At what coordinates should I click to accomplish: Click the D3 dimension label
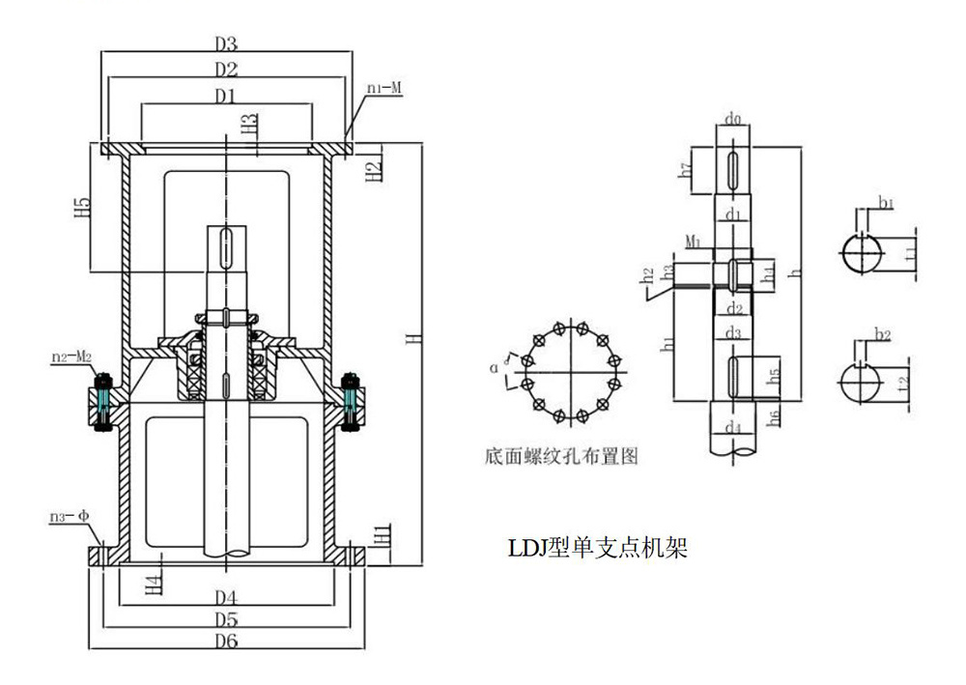coord(226,44)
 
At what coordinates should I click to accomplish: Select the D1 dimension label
coord(226,96)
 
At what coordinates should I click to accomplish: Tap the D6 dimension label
coord(226,642)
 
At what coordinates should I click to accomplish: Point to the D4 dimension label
coord(226,594)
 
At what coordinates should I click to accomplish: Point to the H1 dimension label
coord(383,533)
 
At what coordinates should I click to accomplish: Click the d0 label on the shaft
coord(733,121)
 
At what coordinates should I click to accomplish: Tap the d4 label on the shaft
coord(734,425)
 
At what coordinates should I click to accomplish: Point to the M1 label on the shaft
coord(693,239)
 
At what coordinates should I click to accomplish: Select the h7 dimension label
coord(686,170)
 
